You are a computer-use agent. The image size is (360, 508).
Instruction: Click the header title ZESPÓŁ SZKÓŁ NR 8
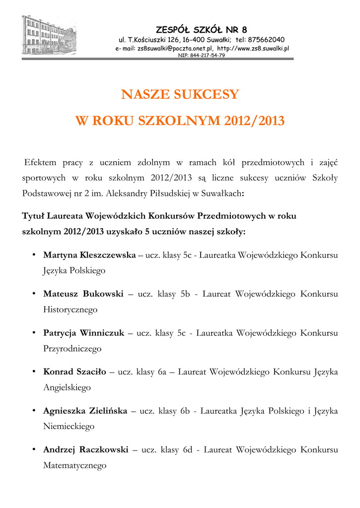point(201,28)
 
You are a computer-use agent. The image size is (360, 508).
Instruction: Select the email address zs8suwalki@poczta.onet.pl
point(174,48)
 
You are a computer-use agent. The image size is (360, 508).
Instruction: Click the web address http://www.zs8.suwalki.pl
point(253,48)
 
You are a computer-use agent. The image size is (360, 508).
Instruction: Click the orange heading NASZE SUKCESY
point(180,94)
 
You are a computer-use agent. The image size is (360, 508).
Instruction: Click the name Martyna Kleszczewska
point(89,255)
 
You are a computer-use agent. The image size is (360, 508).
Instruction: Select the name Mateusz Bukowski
point(83,294)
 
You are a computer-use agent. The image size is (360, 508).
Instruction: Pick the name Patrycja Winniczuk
point(83,333)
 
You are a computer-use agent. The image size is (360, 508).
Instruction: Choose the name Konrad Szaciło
point(74,372)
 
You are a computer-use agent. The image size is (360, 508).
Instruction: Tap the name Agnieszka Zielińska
point(85,411)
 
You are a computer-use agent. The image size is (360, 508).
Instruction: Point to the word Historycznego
point(70,310)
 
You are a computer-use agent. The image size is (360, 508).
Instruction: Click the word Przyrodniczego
point(72,349)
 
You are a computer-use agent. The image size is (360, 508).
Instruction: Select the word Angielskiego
point(67,387)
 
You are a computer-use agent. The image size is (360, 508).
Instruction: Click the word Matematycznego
point(75,465)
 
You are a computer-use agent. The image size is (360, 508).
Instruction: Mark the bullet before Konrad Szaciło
point(33,371)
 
